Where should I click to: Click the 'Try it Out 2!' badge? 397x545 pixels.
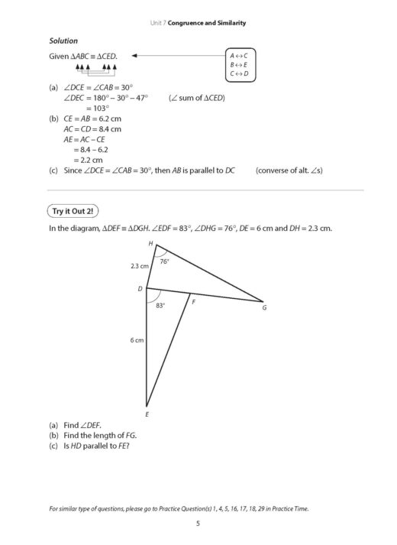(x=75, y=209)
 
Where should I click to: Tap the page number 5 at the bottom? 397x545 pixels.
(x=198, y=523)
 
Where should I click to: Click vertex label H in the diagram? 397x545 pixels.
(x=150, y=243)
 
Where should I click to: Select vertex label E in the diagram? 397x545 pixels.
(x=147, y=414)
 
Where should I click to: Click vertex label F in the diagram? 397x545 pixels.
(x=193, y=302)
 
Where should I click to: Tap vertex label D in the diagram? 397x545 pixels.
(x=140, y=289)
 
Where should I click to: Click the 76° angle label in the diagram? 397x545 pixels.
(x=164, y=261)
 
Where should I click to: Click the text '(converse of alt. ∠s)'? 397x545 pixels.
(x=290, y=170)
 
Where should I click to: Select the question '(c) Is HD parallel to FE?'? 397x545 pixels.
(x=89, y=446)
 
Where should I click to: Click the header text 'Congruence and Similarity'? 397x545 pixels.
(x=208, y=24)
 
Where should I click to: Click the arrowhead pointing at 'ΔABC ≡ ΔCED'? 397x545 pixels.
(x=134, y=55)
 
